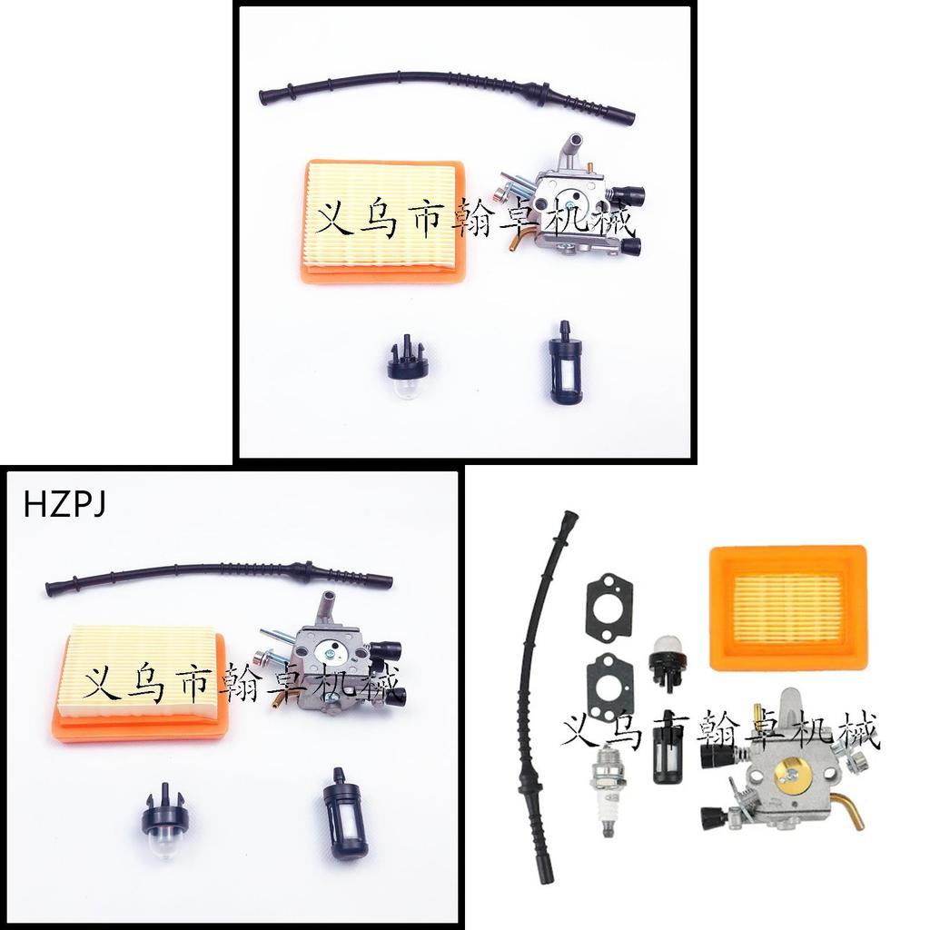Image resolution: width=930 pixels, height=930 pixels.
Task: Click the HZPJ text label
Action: pyautogui.click(x=64, y=505)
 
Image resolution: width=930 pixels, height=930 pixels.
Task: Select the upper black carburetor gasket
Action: pyautogui.click(x=609, y=608)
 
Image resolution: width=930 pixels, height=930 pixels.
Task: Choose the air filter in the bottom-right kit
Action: pyautogui.click(x=788, y=608)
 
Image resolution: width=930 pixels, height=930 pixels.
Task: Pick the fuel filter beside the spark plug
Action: pyautogui.click(x=666, y=747)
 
